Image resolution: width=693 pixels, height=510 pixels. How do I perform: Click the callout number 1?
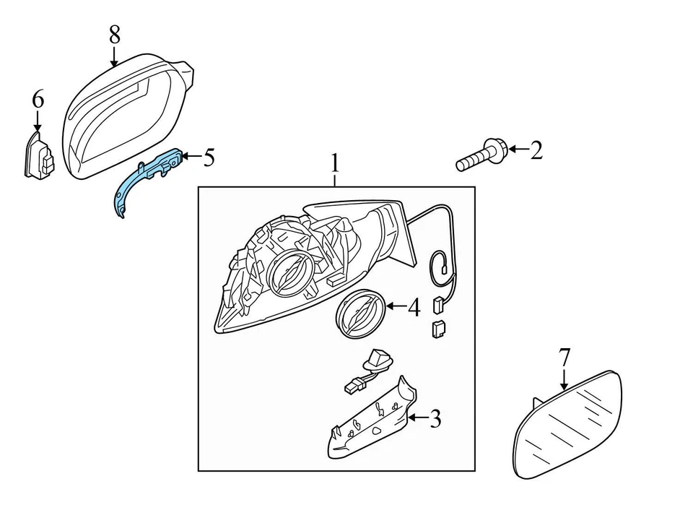335,163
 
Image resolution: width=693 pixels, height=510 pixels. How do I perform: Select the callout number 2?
536,150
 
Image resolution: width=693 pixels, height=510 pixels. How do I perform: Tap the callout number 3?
435,418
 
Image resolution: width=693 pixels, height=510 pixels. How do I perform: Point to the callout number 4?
414,308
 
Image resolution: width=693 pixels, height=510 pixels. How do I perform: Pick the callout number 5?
209,157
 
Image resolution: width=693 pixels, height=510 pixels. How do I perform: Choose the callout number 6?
38,99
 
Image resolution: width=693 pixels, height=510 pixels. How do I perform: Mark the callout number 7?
565,356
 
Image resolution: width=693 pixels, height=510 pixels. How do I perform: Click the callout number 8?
114,33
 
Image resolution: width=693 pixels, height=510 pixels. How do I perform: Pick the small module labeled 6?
39,157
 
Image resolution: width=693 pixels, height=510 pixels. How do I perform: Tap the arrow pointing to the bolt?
517,150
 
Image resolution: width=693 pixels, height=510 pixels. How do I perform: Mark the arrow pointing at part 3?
417,418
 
